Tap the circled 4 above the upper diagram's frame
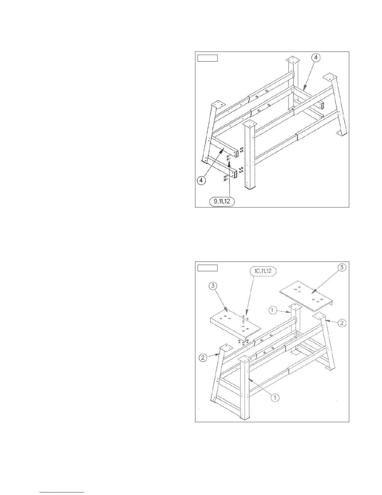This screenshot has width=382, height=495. [x=316, y=58]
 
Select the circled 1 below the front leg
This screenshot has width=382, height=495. [x=275, y=397]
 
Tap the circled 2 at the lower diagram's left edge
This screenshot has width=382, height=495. [x=203, y=358]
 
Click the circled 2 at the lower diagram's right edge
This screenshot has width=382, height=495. [x=342, y=323]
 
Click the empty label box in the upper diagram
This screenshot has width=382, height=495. [x=208, y=58]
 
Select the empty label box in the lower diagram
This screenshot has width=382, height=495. [x=208, y=268]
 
